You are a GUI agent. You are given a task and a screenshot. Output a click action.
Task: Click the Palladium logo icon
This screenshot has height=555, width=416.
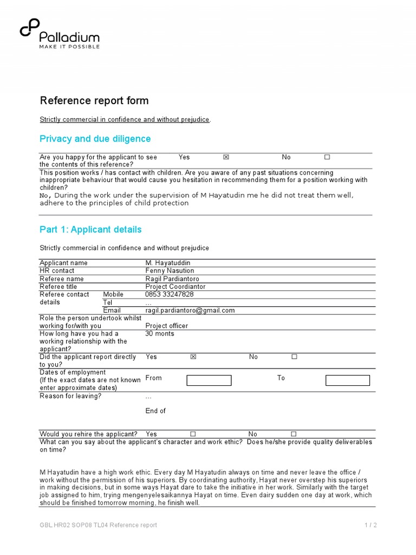point(29,28)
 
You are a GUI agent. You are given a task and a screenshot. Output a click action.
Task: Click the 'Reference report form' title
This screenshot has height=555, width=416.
point(94,101)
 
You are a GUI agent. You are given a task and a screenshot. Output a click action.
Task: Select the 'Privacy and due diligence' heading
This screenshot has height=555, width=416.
point(95,139)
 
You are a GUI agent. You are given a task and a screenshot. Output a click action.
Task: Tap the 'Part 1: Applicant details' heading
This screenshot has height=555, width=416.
point(90,229)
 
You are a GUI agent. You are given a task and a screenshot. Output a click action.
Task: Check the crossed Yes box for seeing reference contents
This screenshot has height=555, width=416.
point(226,157)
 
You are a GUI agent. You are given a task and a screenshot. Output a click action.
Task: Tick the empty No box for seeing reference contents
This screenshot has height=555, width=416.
point(327,157)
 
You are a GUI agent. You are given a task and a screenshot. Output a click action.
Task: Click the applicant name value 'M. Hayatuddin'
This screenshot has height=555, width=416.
point(168,263)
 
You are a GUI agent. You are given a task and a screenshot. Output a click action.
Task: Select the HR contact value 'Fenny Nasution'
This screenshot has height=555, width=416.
point(169,270)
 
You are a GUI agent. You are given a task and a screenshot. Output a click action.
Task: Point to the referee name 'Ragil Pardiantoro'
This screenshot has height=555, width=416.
point(172,279)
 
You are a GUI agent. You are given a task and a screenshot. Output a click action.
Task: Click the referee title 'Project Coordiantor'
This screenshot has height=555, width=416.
point(175,287)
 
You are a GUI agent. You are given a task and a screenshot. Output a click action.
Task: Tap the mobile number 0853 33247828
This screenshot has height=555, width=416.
point(170,294)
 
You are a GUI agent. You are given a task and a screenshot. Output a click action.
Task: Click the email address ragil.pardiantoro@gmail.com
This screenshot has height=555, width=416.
point(190,311)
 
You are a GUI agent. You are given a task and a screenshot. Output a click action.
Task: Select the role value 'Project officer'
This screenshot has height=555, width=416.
point(167,326)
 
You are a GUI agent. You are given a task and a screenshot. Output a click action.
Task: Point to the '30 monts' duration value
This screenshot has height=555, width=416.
point(160,334)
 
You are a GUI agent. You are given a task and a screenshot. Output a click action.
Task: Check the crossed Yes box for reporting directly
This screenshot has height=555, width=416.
point(193,357)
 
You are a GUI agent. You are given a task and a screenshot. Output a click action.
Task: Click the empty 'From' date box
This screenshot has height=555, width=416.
point(209,380)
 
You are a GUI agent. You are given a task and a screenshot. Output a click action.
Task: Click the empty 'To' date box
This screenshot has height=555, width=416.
point(348,380)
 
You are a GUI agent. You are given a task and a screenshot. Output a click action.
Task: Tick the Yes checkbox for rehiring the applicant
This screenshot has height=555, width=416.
point(193,434)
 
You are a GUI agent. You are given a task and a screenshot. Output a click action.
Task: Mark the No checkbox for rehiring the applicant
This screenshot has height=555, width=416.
point(294,434)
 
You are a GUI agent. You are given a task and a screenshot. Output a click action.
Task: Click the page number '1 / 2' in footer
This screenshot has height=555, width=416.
point(370,525)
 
